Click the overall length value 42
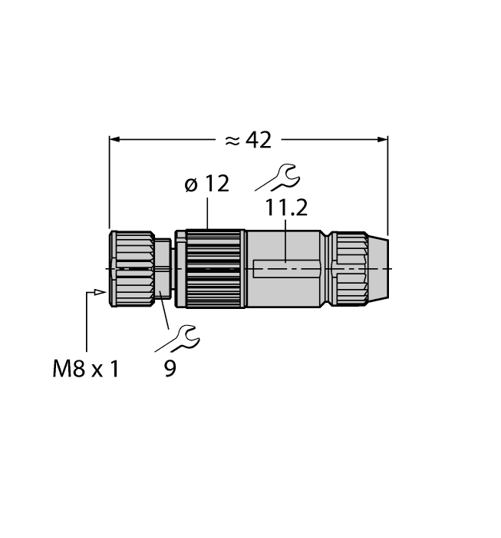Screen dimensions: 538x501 tap(259, 140)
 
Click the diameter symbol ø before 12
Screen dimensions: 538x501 tap(192, 185)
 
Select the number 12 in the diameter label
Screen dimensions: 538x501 tap(216, 185)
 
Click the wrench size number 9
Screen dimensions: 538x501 tap(170, 369)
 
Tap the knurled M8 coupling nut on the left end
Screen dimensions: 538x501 tap(131, 268)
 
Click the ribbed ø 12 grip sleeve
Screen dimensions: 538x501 tap(215, 268)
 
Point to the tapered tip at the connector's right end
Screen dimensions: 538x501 tap(383, 268)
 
